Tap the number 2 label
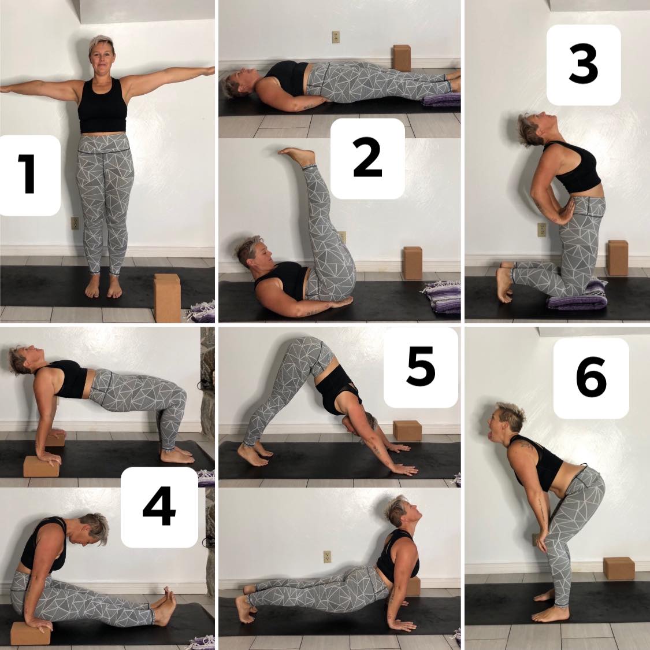point(367,158)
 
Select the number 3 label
point(583,64)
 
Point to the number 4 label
point(159,506)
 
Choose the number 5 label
point(421,366)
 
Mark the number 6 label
point(591,377)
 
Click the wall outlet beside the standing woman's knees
point(75,223)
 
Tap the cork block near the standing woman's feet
point(168,297)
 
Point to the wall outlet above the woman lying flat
point(336,37)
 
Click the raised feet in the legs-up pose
point(297,156)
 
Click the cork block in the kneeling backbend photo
point(618,257)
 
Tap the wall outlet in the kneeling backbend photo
point(542,230)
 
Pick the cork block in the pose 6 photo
point(618,568)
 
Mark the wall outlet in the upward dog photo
point(328,556)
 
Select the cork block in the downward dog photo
point(407,431)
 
